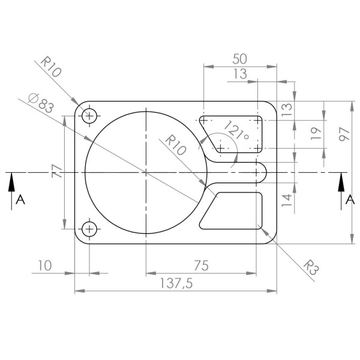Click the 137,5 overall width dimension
pyautogui.click(x=176, y=284)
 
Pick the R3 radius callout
pyautogui.click(x=310, y=267)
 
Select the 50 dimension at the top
pyautogui.click(x=239, y=59)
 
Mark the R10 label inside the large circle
pyautogui.click(x=175, y=145)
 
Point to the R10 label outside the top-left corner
pyautogui.click(x=51, y=67)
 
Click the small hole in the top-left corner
pyautogui.click(x=89, y=116)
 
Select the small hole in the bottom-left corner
pyautogui.click(x=89, y=229)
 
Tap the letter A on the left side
pyautogui.click(x=20, y=200)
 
